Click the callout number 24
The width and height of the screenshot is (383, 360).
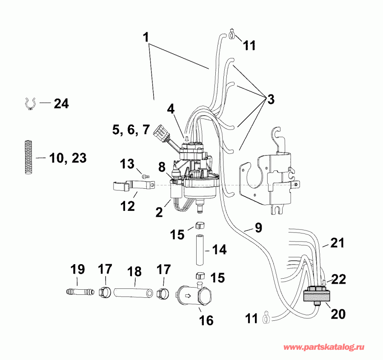coord(60,104)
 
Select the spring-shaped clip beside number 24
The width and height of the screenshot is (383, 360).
coord(29,103)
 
